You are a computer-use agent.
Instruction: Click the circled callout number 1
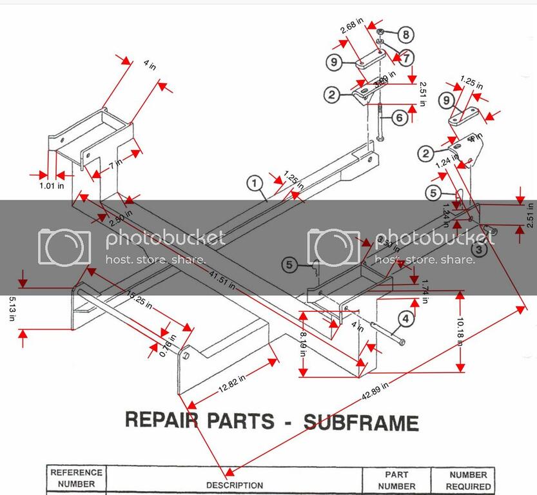click(255, 184)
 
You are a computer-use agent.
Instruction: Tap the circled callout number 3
click(478, 247)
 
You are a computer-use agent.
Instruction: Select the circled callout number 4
click(405, 318)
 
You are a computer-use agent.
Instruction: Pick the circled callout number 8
click(405, 34)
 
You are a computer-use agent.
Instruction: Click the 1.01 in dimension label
click(51, 186)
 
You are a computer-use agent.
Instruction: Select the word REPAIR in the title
click(165, 420)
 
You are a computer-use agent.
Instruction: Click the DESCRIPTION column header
click(235, 485)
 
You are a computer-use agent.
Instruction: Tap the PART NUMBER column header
click(396, 480)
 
